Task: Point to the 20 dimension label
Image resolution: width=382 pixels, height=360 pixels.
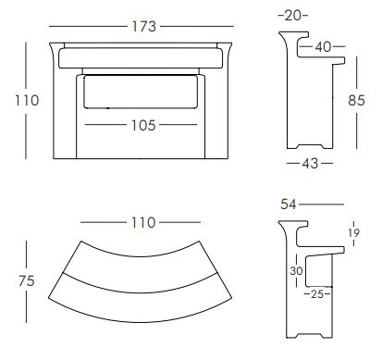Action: point(293,16)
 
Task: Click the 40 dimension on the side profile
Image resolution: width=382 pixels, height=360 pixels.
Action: point(323,46)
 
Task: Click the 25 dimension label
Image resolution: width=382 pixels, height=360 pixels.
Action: point(316,295)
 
